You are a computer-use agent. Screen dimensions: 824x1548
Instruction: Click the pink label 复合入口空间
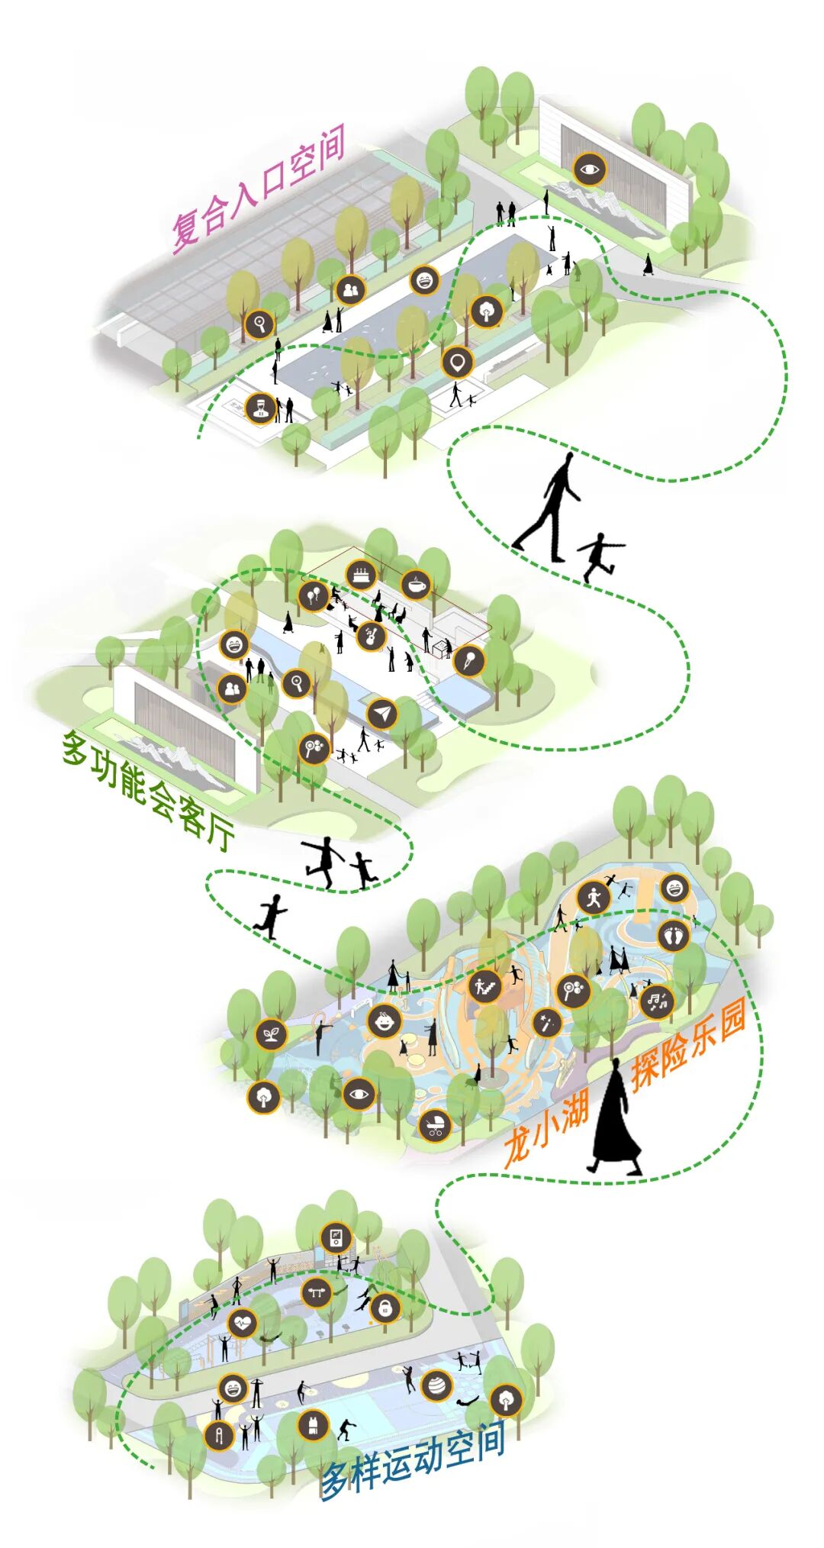(259, 188)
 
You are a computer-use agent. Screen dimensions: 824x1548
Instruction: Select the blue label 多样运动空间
(413, 1459)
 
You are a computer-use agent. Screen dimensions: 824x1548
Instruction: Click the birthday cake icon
(361, 573)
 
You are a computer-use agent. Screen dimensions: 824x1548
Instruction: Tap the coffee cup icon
(416, 585)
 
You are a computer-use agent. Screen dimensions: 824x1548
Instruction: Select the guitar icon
(371, 636)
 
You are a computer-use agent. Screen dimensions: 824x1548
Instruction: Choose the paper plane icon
(382, 713)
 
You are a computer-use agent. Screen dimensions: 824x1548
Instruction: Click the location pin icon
(457, 362)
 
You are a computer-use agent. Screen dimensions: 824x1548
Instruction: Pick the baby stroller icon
(434, 1124)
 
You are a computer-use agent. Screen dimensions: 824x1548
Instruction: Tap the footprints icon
(672, 935)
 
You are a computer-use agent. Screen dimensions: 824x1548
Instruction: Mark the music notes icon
(656, 1001)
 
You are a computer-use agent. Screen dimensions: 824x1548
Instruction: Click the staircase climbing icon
(484, 986)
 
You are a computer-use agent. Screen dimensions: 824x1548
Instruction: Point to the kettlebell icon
(385, 1308)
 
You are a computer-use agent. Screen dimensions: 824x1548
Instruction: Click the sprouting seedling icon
(271, 1034)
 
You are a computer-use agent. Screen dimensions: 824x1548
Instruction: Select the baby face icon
(385, 1021)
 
